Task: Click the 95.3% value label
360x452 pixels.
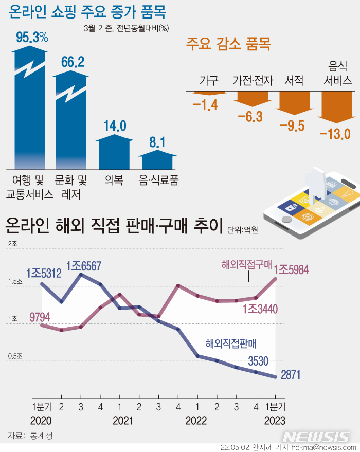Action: click(32, 37)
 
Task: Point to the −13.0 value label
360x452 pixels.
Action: click(334, 134)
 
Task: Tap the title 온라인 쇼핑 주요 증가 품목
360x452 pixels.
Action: click(91, 11)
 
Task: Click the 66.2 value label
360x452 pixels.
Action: click(73, 62)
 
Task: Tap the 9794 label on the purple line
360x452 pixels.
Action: click(40, 317)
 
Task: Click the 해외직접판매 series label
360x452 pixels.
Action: click(231, 343)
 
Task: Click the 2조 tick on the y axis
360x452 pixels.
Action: click(12, 243)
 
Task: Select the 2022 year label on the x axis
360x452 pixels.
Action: click(196, 421)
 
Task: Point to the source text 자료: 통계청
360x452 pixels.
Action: click(30, 436)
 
